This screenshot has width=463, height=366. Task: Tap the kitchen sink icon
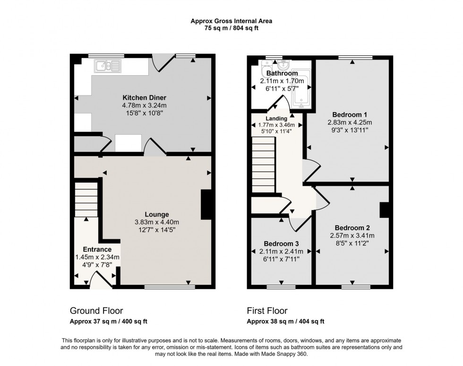pos(108,66)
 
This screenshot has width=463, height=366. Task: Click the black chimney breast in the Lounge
pos(206,204)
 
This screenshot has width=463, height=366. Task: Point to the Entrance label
pos(97,249)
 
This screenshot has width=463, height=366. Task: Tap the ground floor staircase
pos(86,199)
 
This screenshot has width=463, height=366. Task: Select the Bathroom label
pos(282,73)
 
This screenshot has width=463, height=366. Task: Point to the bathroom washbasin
pos(284,65)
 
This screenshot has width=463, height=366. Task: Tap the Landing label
pos(276,118)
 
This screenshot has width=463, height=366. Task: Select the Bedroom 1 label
pos(350,114)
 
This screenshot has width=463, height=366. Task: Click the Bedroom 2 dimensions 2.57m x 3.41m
pos(352,235)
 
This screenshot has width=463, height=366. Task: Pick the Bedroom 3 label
pos(281,244)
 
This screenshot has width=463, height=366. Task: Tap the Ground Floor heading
pos(96,311)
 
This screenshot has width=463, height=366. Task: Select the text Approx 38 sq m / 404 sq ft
pos(285,321)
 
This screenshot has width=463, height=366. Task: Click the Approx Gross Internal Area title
pos(231,21)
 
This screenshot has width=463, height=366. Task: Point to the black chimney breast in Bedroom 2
pos(384,209)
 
